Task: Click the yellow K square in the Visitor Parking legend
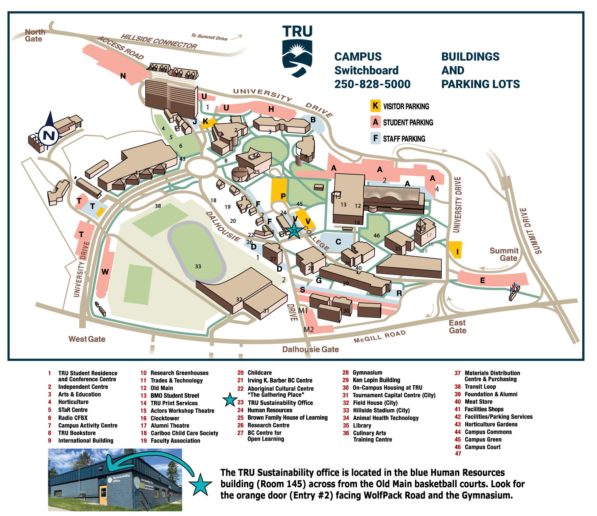coord(375,106)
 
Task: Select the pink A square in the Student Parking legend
coord(375,122)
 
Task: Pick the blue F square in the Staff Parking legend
coord(375,138)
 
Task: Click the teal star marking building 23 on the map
coord(294,231)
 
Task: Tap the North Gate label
coord(35,35)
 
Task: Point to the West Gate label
coord(87,339)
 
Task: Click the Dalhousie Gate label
coord(310,349)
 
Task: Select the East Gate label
coord(457,327)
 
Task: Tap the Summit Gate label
coord(504,254)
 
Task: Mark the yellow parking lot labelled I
coord(455,250)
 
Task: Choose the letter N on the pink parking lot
coord(123,76)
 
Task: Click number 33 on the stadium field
coord(198,266)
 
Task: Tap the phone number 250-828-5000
coord(372,84)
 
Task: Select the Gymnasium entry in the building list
coord(367,373)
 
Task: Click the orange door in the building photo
coord(103,494)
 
